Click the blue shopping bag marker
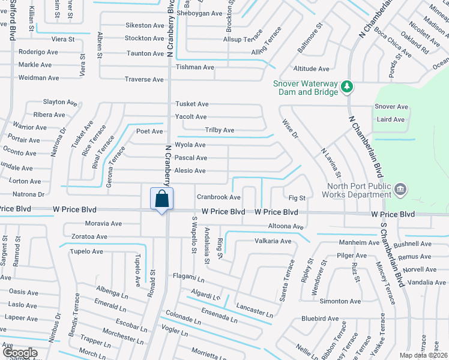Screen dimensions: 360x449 [161, 199]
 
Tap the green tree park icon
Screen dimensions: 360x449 [346, 87]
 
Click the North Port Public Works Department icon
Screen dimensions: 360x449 [401, 190]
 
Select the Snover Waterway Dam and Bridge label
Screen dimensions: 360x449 [306, 88]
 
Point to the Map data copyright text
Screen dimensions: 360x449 [423, 355]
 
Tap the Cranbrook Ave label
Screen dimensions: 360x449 [218, 197]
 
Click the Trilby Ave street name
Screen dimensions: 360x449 [220, 130]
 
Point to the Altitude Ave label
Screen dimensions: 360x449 [311, 69]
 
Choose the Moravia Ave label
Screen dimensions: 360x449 [103, 223]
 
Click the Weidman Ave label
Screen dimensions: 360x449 [38, 78]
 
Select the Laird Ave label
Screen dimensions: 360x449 [390, 119]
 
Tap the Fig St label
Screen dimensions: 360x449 [297, 197]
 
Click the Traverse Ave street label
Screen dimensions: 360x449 [144, 79]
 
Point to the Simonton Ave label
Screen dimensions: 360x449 [340, 301]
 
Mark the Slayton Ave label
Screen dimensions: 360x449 [58, 103]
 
